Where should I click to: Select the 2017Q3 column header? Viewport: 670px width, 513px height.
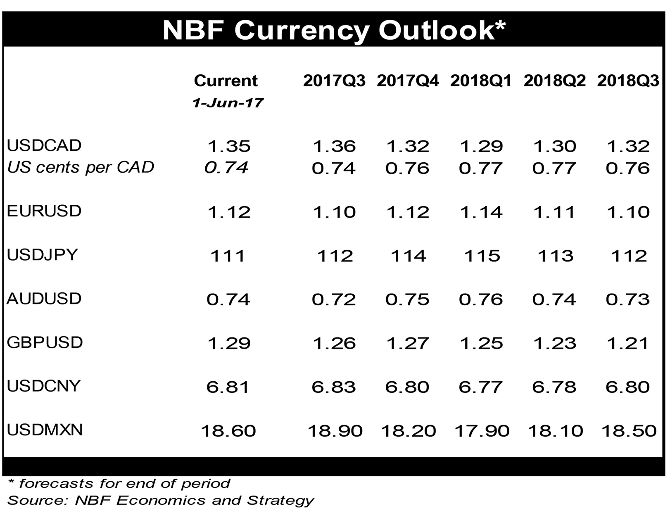tap(334, 81)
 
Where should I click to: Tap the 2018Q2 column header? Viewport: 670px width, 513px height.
tap(554, 81)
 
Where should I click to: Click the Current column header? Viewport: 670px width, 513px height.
tap(226, 81)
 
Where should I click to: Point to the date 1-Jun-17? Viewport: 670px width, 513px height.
tap(228, 103)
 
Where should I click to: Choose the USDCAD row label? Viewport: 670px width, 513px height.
tap(44, 145)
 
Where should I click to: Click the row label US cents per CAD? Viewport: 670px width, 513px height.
tap(81, 167)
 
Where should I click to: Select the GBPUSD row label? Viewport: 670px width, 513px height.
tap(45, 342)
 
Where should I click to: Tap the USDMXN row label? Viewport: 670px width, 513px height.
tap(45, 430)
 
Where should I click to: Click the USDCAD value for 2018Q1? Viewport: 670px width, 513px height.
tap(481, 146)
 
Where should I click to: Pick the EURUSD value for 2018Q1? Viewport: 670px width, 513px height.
tap(481, 212)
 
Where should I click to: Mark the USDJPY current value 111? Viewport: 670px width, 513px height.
tap(228, 256)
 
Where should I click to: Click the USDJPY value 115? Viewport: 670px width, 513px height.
tap(482, 256)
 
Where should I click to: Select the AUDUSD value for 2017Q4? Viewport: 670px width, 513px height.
tap(407, 299)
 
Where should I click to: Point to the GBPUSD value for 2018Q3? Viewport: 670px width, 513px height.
tap(628, 343)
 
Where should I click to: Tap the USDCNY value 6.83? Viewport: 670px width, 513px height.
tap(334, 387)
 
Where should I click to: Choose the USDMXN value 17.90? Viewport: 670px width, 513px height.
tap(482, 431)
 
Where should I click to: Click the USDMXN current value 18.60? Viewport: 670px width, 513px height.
tap(228, 431)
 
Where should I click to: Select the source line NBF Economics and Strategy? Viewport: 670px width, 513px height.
tap(161, 500)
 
